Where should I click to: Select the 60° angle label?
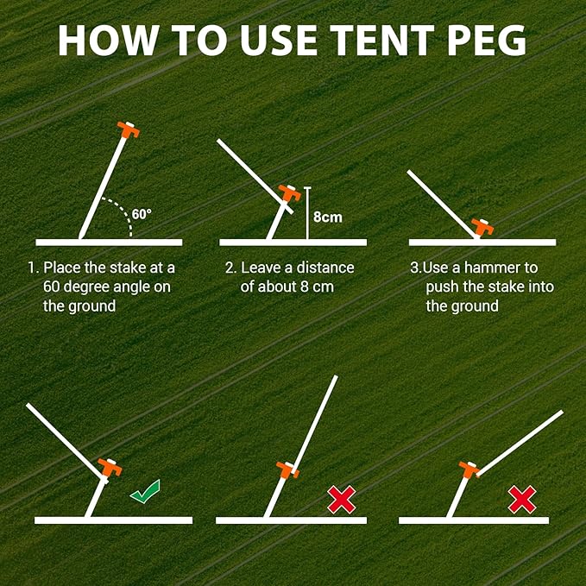[143, 212]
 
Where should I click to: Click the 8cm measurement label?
[327, 217]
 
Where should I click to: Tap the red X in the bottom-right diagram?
[521, 498]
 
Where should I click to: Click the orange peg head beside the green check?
[108, 468]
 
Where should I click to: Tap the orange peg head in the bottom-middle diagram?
[287, 469]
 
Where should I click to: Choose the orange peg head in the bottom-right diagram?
[469, 469]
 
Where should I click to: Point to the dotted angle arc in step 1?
[122, 211]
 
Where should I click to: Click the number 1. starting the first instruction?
[32, 268]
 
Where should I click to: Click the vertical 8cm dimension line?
[307, 213]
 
